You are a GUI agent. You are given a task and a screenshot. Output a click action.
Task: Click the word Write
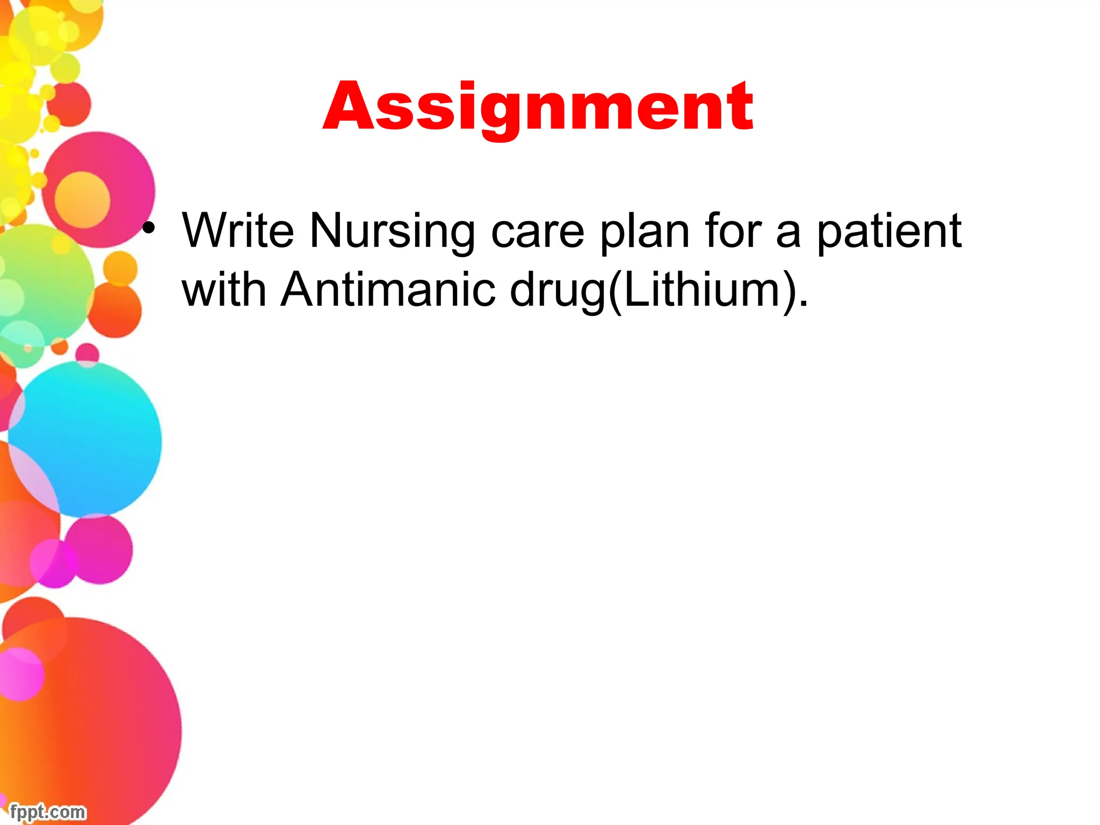[x=238, y=231]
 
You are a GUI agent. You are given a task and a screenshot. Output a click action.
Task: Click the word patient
[x=889, y=231]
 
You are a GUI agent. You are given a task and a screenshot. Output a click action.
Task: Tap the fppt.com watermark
[x=47, y=812]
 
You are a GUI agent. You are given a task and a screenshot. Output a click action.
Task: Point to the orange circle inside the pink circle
[x=82, y=199]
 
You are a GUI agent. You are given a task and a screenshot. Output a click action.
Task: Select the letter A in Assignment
[x=344, y=107]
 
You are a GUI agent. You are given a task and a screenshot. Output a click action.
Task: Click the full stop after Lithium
[x=804, y=303]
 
